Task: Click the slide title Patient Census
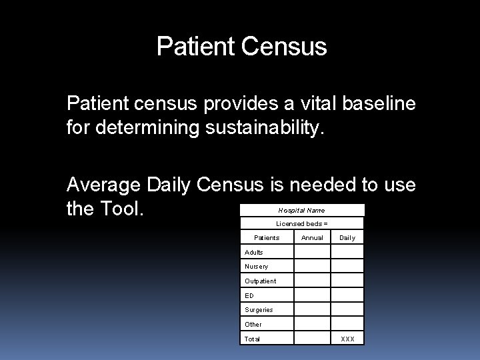[x=241, y=47]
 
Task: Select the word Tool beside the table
[x=123, y=209]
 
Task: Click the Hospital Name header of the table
[x=301, y=210]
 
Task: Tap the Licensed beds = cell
[x=301, y=224]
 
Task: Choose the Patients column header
[x=267, y=237]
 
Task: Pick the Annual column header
[x=312, y=237]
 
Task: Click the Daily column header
[x=347, y=237]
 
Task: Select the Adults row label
[x=254, y=252]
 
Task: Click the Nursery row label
[x=256, y=267]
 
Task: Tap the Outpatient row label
[x=260, y=281]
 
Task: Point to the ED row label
[x=249, y=295]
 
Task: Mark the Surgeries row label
[x=259, y=309]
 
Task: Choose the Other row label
[x=253, y=324]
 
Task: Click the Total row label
[x=253, y=339]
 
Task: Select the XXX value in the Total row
[x=347, y=339]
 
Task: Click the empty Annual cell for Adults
[x=312, y=252]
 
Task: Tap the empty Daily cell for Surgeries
[x=347, y=309]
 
